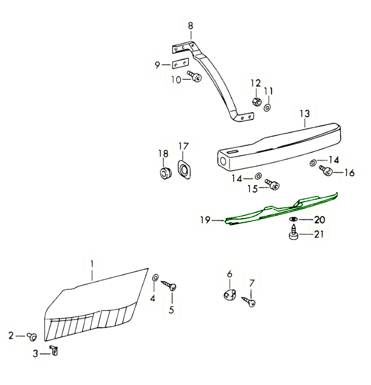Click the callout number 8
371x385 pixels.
(x=191, y=26)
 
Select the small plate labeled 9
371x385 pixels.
(x=180, y=63)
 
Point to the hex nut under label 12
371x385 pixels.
(x=257, y=101)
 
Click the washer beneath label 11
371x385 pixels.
(x=267, y=108)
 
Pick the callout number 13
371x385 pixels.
(x=305, y=114)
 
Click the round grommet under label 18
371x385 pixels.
(x=165, y=173)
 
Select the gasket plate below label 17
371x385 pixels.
(x=184, y=169)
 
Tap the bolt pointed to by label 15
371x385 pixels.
(x=272, y=184)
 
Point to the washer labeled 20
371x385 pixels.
(x=294, y=219)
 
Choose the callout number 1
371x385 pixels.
(x=92, y=264)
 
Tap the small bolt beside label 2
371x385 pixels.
(x=31, y=336)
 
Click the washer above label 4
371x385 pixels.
(x=155, y=277)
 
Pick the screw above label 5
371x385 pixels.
(x=170, y=286)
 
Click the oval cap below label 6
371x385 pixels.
(x=230, y=295)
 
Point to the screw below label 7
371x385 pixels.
(x=249, y=302)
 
